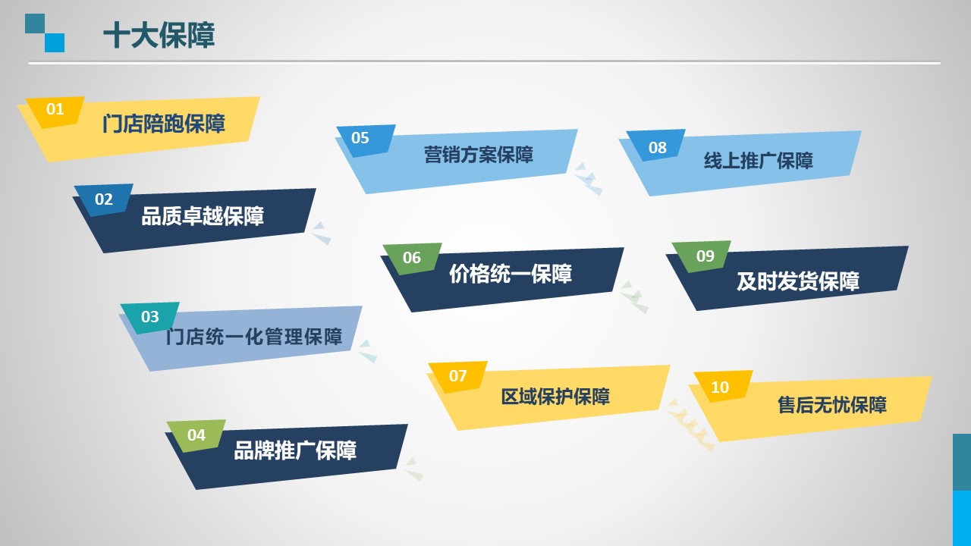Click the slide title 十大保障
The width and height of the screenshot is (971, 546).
pyautogui.click(x=159, y=35)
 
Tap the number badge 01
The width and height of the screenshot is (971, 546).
pyautogui.click(x=55, y=111)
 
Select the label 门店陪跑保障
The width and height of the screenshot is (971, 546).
pyautogui.click(x=163, y=124)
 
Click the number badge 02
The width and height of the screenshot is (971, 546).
pyautogui.click(x=104, y=199)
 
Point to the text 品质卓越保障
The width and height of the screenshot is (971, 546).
pyautogui.click(x=203, y=216)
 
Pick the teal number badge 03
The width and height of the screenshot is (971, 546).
pyautogui.click(x=150, y=318)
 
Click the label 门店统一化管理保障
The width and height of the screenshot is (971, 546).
pyautogui.click(x=254, y=337)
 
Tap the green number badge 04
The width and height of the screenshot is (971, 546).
pyautogui.click(x=196, y=435)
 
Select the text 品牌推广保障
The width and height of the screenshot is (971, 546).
pyautogui.click(x=295, y=450)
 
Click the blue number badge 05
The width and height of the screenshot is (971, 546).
pyautogui.click(x=360, y=139)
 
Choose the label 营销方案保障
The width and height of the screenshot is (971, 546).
pyautogui.click(x=479, y=155)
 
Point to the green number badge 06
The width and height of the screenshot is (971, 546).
pyautogui.click(x=412, y=259)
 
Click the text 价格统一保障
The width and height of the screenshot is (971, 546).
pyautogui.click(x=511, y=274)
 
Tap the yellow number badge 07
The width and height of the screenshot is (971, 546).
pyautogui.click(x=457, y=377)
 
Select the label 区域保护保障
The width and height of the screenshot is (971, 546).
pyautogui.click(x=555, y=397)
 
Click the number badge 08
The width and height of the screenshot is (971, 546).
pyautogui.click(x=657, y=148)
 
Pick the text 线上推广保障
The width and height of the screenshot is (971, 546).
pyautogui.click(x=758, y=161)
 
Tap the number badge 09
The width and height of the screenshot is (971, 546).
pyautogui.click(x=705, y=256)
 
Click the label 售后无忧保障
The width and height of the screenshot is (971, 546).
pyautogui.click(x=832, y=405)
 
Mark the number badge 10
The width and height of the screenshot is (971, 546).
pyautogui.click(x=720, y=388)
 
